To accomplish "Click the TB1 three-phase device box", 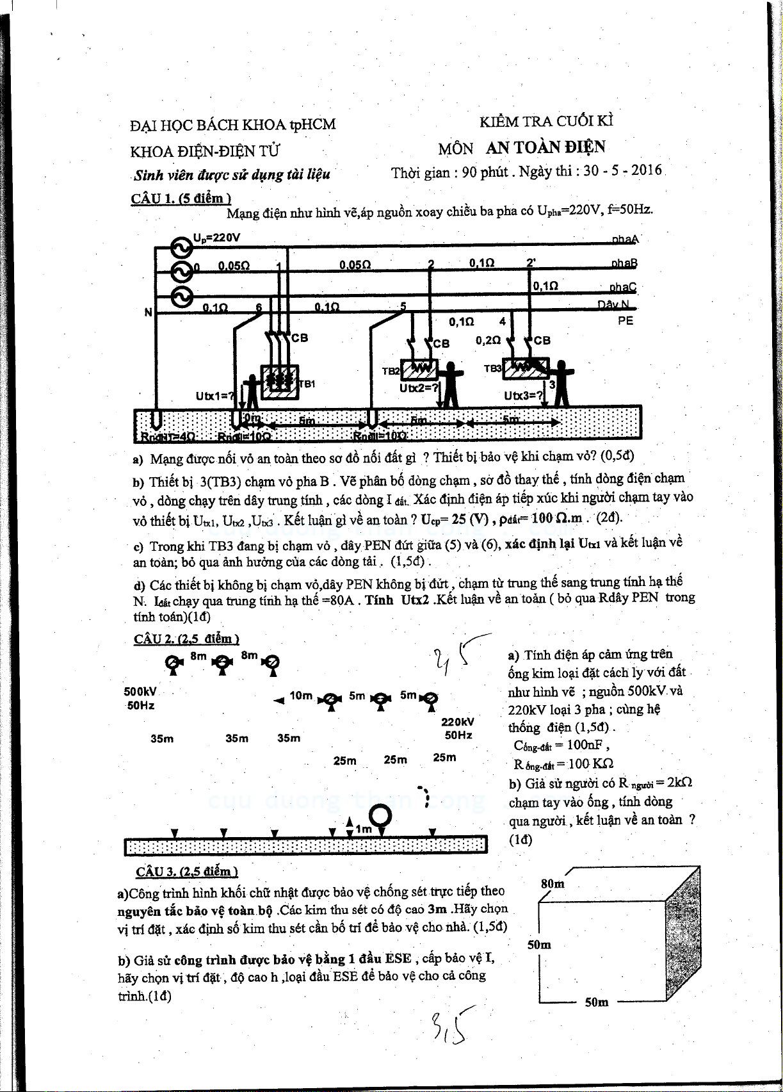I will (x=279, y=382).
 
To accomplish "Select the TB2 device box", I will (x=419, y=370).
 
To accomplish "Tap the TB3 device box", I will (x=525, y=369).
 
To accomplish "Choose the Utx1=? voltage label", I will (x=215, y=396).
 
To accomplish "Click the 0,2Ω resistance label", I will (x=488, y=341).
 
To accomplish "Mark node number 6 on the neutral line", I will (x=259, y=307).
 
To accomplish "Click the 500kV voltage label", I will (x=140, y=692).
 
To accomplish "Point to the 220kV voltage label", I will (x=458, y=722).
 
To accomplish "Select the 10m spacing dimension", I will (x=301, y=696).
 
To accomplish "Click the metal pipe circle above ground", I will (x=381, y=815).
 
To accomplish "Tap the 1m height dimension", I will (x=364, y=829).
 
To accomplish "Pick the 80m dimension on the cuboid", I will (x=553, y=884).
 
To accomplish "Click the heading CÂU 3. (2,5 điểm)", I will (x=187, y=871).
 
